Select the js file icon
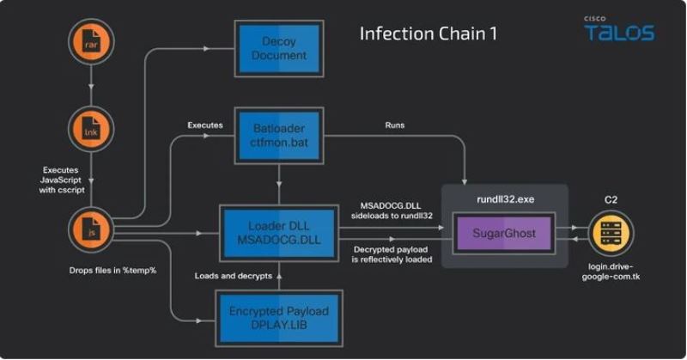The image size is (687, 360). (x=90, y=231)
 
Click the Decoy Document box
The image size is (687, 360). (x=278, y=49)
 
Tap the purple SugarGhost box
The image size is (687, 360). (x=505, y=233)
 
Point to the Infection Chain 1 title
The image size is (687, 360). (x=428, y=35)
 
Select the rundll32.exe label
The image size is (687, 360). (x=505, y=198)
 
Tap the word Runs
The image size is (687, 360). (x=395, y=125)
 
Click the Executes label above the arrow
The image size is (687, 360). (x=204, y=125)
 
